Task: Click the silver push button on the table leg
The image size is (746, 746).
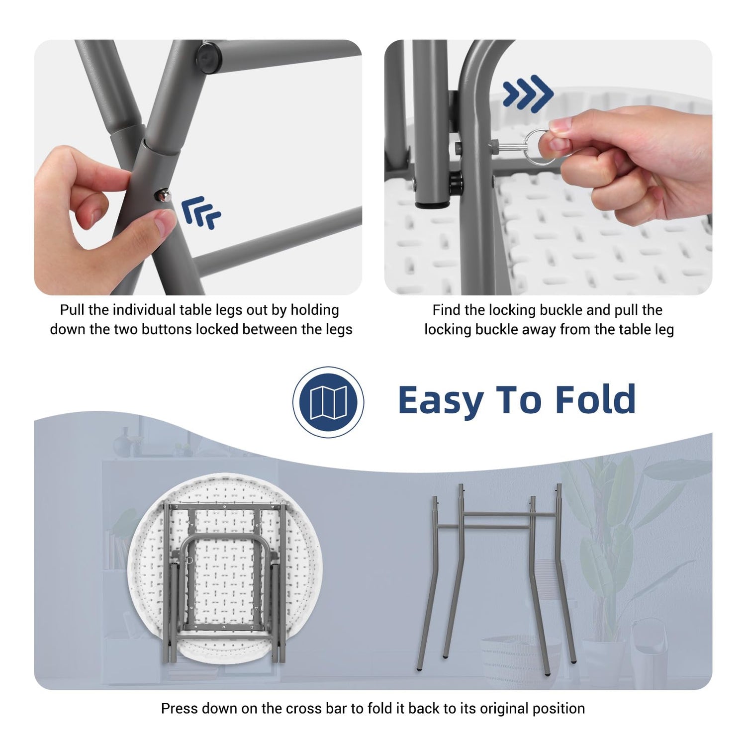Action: pos(164,195)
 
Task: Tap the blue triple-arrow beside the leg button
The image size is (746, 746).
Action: pos(200,213)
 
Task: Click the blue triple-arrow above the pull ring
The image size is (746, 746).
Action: pos(528,93)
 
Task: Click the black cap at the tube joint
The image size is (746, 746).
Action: pos(208,56)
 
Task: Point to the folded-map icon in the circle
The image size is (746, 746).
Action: pos(328,402)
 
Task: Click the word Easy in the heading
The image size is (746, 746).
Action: pos(441,401)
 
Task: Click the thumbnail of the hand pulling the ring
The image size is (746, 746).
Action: pos(548,168)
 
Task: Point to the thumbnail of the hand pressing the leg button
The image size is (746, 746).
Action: pos(198,168)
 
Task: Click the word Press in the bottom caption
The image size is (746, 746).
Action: pos(180,708)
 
